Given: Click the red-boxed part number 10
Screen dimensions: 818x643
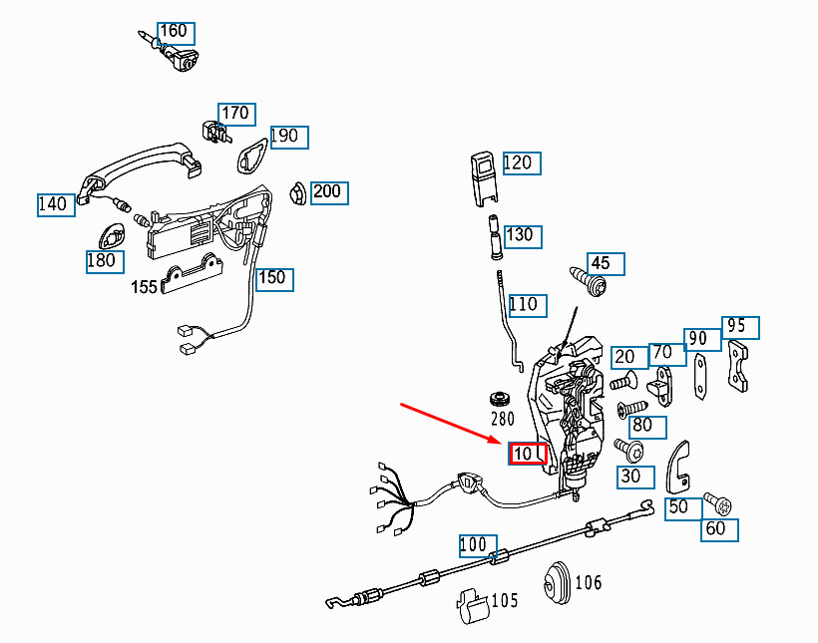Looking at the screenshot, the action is (528, 454).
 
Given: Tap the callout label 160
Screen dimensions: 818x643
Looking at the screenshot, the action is (176, 33).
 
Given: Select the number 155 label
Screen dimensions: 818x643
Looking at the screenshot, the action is (144, 287).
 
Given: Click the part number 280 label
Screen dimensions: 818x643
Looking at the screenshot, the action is (503, 419).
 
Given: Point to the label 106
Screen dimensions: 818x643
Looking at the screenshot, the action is (588, 582).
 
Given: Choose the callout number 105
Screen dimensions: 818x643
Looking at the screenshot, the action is (505, 601).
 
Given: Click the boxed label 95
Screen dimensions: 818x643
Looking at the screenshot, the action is (740, 328).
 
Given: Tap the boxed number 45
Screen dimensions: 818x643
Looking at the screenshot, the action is (606, 264).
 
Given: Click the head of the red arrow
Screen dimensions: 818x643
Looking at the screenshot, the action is (501, 443).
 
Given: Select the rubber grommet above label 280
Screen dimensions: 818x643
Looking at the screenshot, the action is (500, 399).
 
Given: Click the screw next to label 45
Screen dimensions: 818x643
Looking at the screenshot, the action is (589, 281).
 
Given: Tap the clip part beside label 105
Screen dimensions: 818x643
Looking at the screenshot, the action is (473, 606).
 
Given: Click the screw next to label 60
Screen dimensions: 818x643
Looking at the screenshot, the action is (718, 502).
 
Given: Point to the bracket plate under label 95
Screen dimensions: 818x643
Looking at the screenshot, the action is (737, 366).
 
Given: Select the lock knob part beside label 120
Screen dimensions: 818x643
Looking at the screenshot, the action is (484, 178).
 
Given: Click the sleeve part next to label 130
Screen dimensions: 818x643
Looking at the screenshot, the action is (495, 237).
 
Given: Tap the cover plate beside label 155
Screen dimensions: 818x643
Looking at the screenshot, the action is (192, 274).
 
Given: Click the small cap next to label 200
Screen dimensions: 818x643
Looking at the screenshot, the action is (298, 193).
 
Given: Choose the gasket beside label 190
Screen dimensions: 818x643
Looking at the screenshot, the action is (253, 155).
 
